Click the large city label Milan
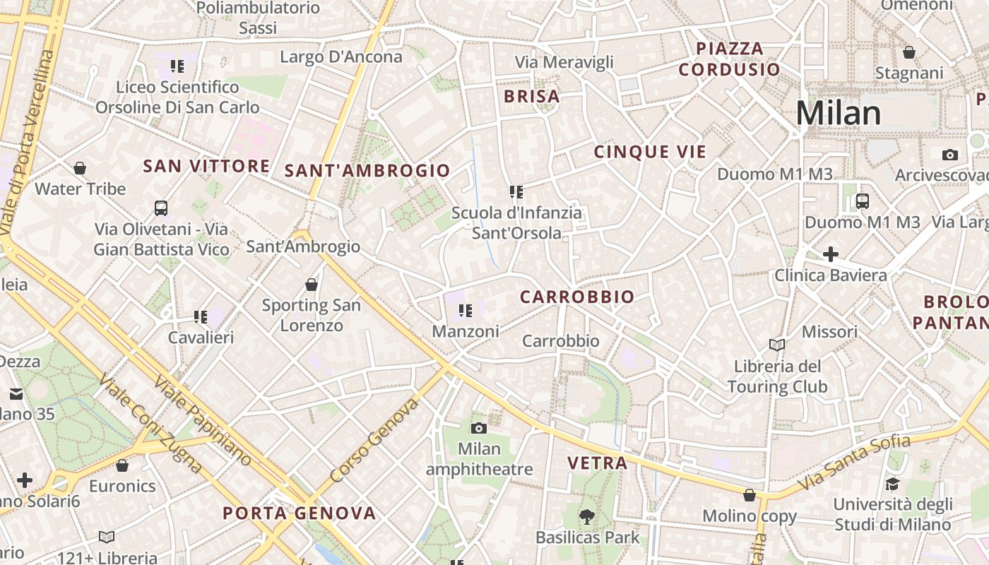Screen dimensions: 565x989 (x=839, y=113)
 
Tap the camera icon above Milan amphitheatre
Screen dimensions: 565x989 (x=479, y=428)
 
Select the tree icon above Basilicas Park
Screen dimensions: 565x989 (x=586, y=517)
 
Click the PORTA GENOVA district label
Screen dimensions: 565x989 (x=300, y=513)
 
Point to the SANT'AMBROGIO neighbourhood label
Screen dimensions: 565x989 (x=367, y=170)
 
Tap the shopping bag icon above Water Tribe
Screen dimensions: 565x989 (x=80, y=168)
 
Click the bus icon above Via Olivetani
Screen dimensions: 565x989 (x=161, y=208)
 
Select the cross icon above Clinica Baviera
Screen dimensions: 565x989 (x=831, y=254)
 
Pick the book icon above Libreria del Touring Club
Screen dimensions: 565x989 (x=777, y=345)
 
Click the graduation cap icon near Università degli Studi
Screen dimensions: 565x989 (x=892, y=484)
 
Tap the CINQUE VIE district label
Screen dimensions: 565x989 (x=650, y=152)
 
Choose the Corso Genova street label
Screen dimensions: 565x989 (x=375, y=440)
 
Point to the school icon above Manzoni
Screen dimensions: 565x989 (x=465, y=310)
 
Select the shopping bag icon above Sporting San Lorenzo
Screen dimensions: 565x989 (x=312, y=285)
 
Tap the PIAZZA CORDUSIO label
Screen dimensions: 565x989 (x=730, y=59)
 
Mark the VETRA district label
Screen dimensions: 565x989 (x=598, y=463)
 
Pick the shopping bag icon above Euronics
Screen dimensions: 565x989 (x=122, y=465)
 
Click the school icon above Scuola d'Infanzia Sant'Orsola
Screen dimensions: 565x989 (x=516, y=191)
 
